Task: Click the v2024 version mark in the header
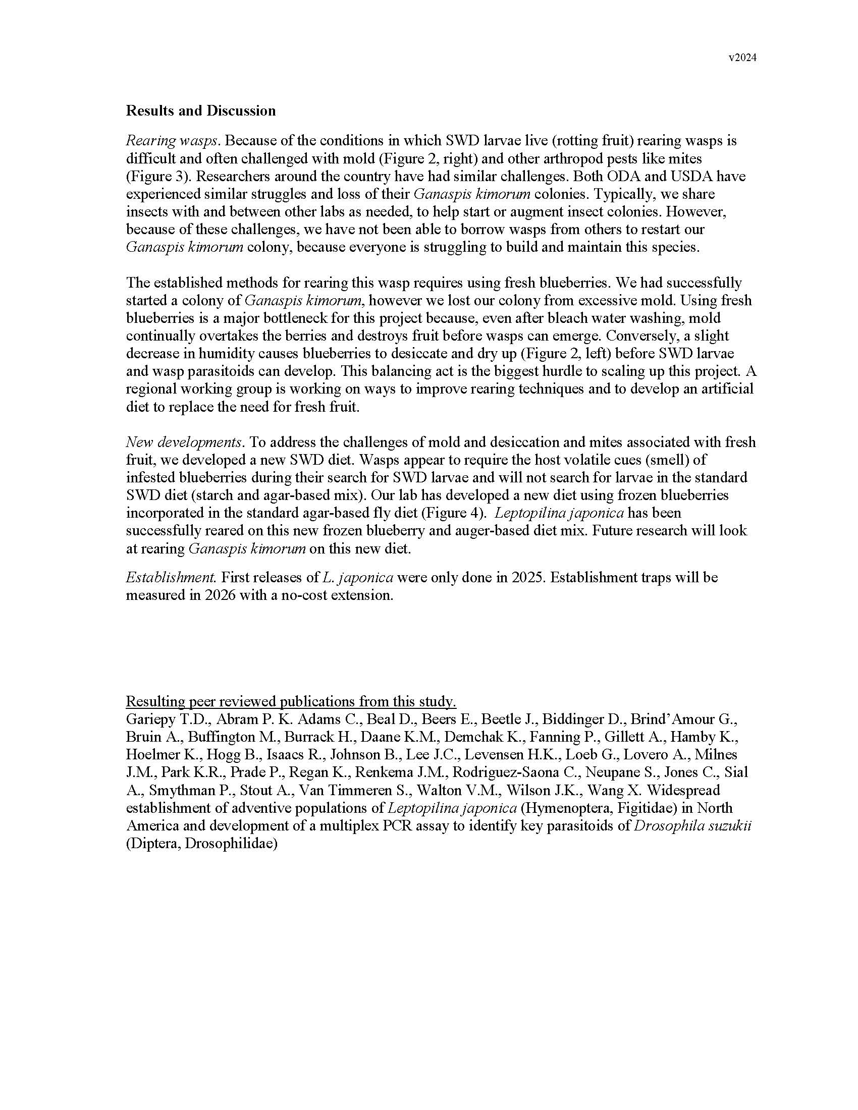coord(742,58)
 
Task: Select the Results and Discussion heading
coord(201,111)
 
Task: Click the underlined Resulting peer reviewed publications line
coord(291,702)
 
